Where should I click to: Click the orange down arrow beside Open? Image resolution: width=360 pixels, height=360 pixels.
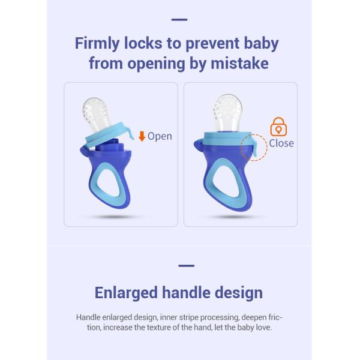pyautogui.click(x=142, y=136)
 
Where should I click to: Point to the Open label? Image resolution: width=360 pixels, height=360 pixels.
pyautogui.click(x=160, y=136)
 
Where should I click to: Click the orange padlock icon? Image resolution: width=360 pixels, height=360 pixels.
pyautogui.click(x=278, y=127)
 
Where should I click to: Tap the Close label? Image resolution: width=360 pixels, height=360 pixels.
pyautogui.click(x=281, y=143)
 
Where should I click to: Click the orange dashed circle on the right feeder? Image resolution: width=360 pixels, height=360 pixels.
pyautogui.click(x=253, y=147)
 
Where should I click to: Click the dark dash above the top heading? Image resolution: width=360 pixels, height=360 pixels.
pyautogui.click(x=179, y=20)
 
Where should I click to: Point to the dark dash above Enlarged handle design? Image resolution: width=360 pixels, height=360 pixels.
pyautogui.click(x=187, y=265)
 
